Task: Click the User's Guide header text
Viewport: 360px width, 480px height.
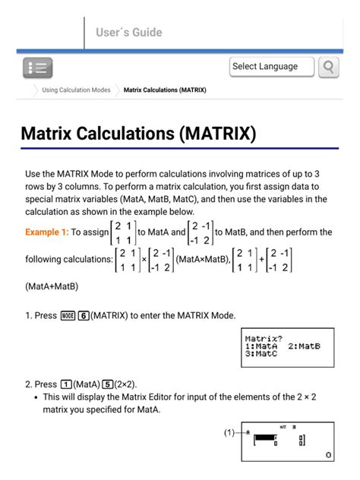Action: (128, 33)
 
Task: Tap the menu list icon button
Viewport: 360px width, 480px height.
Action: (37, 68)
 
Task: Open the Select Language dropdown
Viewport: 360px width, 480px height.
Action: (271, 67)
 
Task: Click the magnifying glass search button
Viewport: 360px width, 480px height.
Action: (328, 67)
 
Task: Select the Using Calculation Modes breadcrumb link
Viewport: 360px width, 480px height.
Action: (76, 90)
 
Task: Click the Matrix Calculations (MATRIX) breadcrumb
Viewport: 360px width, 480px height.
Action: (165, 90)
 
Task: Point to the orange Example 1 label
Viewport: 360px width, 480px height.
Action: (47, 232)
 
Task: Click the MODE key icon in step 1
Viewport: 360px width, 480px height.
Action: (67, 315)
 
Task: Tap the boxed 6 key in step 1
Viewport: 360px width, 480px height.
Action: (84, 315)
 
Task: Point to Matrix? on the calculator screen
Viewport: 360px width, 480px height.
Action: (264, 337)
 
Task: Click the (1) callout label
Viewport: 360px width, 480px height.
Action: (229, 432)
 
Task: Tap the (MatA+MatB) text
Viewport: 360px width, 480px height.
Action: (51, 286)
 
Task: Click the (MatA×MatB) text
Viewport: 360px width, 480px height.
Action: (202, 259)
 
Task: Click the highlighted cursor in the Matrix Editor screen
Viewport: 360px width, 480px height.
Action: (265, 438)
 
